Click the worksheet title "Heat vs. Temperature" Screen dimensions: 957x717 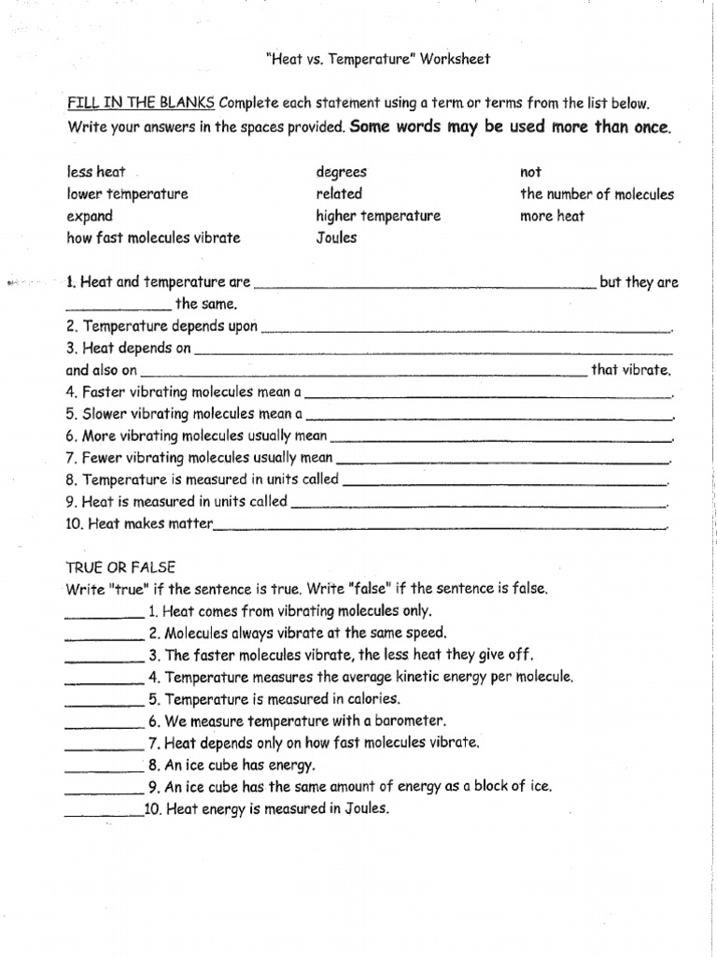[378, 59]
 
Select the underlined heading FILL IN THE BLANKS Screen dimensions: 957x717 [141, 103]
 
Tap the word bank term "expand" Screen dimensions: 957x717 [90, 216]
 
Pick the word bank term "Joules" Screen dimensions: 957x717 [336, 237]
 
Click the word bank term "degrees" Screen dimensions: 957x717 [342, 172]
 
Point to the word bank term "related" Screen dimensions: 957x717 [339, 194]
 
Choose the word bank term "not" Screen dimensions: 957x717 [530, 172]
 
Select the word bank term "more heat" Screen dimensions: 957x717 [553, 216]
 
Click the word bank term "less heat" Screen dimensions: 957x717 [96, 172]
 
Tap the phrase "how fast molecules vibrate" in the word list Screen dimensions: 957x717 [153, 237]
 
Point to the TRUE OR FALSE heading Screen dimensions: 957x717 [120, 567]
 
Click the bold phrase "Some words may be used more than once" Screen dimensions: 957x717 [511, 126]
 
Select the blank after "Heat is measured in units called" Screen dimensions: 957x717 [480, 506]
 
